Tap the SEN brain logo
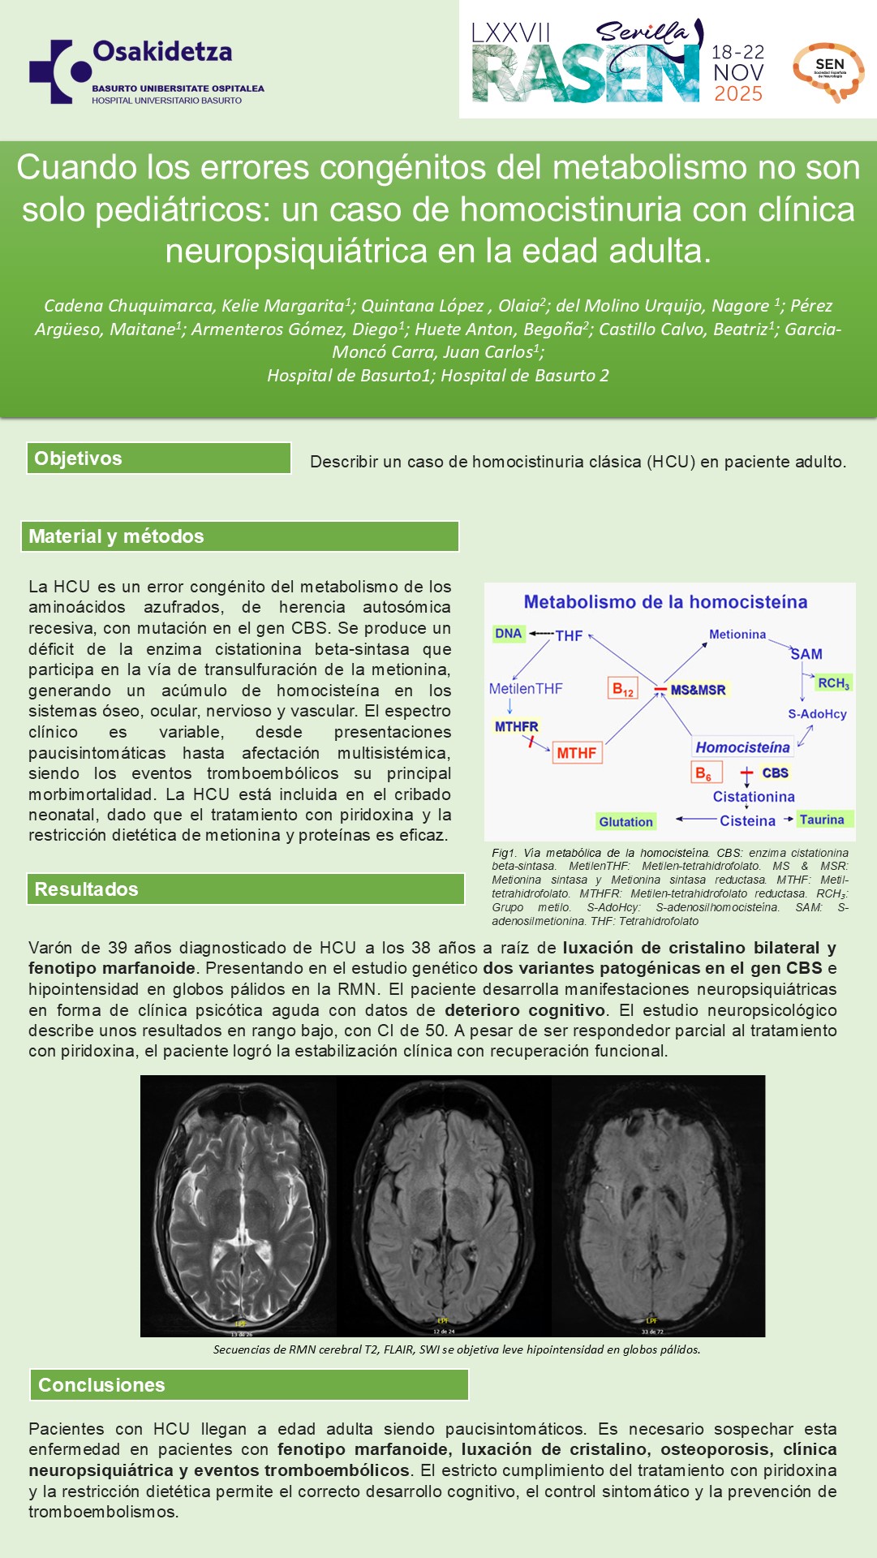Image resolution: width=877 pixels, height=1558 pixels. click(828, 71)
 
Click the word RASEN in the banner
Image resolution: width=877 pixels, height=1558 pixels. click(584, 74)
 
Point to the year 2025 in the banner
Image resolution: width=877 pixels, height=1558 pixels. click(738, 94)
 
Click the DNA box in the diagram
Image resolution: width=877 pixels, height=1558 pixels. click(509, 634)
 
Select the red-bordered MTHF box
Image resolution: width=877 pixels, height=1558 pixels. click(577, 753)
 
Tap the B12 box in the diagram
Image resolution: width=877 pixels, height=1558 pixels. click(623, 690)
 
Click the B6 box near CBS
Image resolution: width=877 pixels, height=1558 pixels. click(703, 773)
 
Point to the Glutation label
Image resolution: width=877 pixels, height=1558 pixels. click(626, 822)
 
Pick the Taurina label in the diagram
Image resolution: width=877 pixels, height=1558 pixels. click(823, 820)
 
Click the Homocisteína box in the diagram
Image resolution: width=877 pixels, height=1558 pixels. click(742, 747)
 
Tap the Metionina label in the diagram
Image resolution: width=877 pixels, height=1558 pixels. click(737, 635)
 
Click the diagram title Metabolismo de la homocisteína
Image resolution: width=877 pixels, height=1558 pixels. click(665, 602)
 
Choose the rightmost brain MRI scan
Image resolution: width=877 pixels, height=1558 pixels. click(658, 1205)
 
